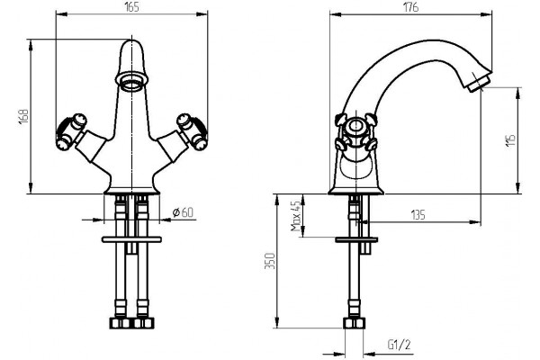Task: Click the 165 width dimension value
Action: (x=132, y=7)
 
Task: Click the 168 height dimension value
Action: (x=23, y=116)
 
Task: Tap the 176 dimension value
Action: (x=411, y=7)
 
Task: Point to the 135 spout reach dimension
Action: (x=418, y=215)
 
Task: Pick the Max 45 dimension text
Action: (x=296, y=216)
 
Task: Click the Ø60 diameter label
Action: (x=183, y=212)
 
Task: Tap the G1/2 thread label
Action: (x=399, y=345)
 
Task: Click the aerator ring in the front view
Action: (x=132, y=81)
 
